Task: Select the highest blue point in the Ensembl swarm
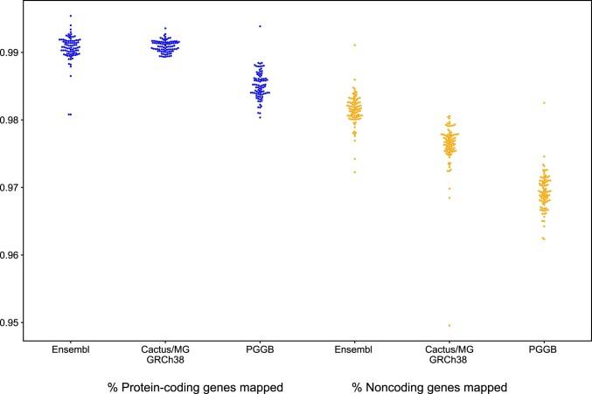70,16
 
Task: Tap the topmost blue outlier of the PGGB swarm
260,26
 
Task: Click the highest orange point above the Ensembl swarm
354,45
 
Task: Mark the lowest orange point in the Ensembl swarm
354,172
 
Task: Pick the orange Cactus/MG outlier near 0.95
449,326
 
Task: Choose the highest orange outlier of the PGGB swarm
544,103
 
